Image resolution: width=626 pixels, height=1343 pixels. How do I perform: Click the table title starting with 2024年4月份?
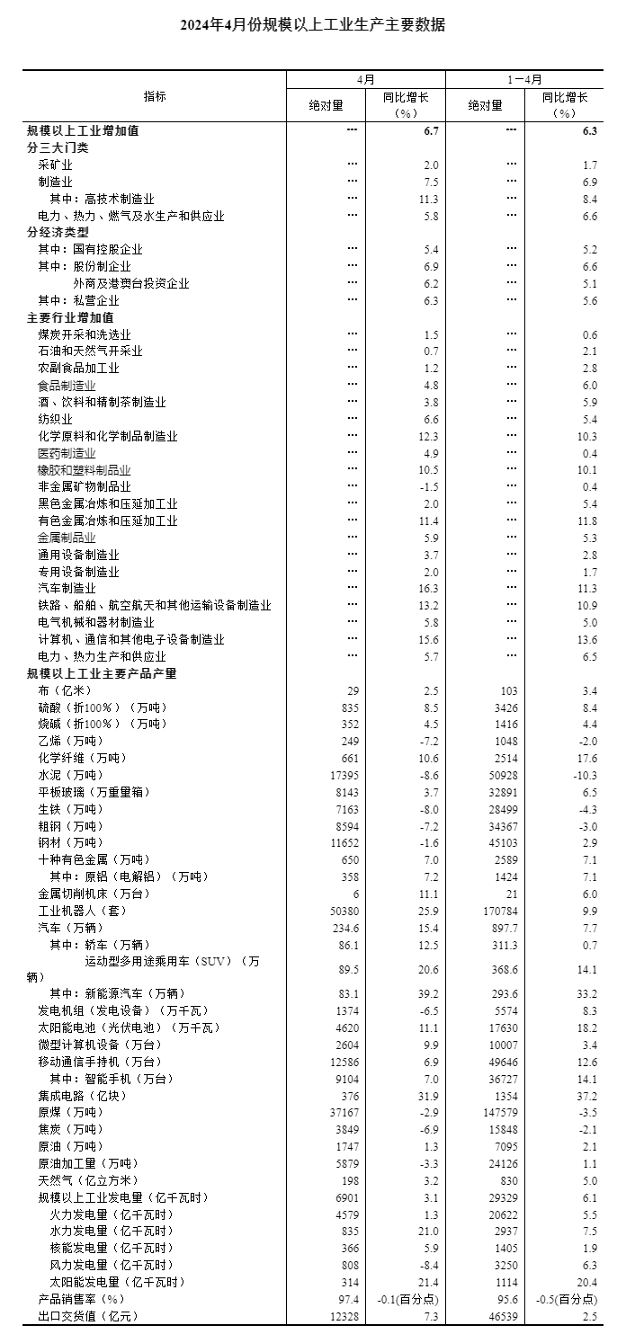[312, 25]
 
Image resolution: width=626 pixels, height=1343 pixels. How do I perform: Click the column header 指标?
[155, 96]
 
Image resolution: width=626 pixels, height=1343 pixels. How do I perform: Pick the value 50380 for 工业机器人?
[344, 911]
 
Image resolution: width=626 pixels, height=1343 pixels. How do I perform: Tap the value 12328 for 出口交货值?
[344, 1317]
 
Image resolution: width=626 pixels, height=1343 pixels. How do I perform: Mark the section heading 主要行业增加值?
[70, 318]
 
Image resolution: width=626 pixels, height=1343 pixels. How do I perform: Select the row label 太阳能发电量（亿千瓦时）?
[117, 1283]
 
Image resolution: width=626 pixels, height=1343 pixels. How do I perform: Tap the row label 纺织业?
[55, 419]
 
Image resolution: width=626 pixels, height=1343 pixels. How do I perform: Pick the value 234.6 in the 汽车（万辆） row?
[344, 928]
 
